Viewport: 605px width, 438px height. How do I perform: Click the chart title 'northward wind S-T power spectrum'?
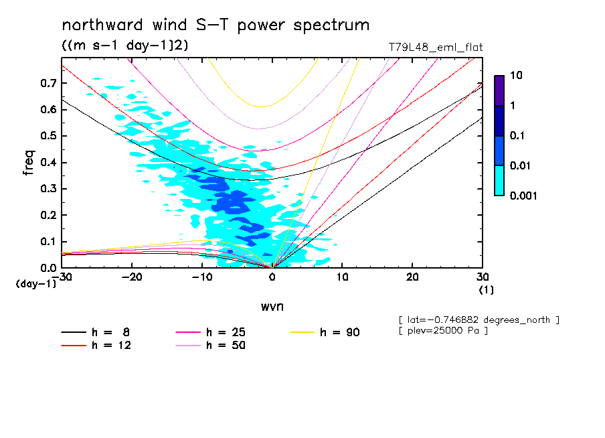pyautogui.click(x=215, y=25)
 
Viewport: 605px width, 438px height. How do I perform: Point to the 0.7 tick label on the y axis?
pyautogui.click(x=48, y=83)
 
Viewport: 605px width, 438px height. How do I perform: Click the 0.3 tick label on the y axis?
pyautogui.click(x=48, y=189)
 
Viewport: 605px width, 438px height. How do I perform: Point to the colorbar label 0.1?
pyautogui.click(x=519, y=135)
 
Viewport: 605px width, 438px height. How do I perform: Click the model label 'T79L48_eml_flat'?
pyautogui.click(x=435, y=48)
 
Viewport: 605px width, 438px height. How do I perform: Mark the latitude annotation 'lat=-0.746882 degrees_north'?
pyautogui.click(x=478, y=320)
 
